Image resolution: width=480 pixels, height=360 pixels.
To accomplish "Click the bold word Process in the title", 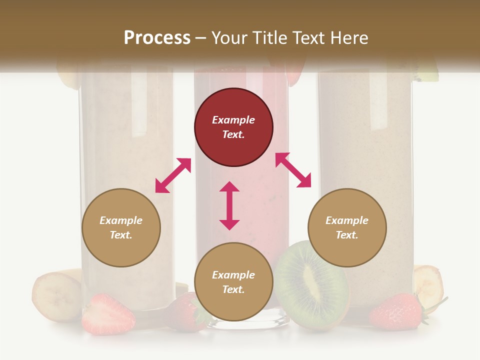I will click(157, 38).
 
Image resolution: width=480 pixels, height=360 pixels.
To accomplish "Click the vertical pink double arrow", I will click(229, 205).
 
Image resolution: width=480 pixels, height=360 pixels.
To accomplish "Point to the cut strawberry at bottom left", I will click(108, 314).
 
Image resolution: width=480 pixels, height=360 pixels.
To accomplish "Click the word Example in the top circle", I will click(233, 120).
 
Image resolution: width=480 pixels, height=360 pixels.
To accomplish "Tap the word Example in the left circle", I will click(121, 220).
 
